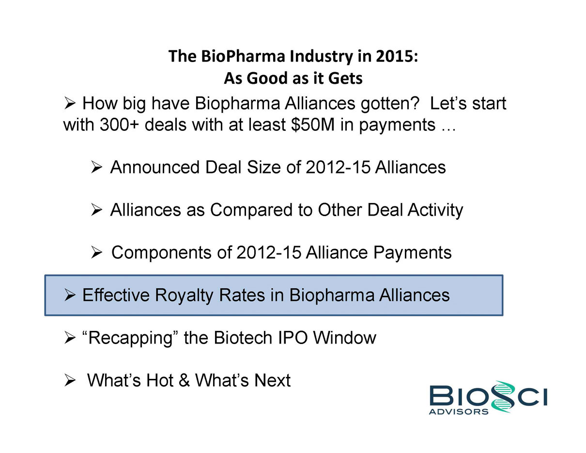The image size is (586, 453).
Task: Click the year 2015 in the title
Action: click(397, 56)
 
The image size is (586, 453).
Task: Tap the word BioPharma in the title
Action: click(243, 57)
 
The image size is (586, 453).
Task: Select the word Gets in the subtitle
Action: click(345, 78)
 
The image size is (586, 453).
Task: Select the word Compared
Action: click(251, 210)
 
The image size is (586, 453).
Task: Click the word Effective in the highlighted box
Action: click(116, 295)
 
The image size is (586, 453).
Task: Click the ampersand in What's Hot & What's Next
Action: click(184, 380)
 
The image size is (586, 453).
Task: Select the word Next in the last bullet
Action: click(273, 380)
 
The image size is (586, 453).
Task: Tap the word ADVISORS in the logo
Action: click(459, 412)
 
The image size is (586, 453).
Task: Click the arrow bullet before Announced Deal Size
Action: click(96, 167)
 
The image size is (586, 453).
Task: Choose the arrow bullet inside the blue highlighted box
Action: click(70, 295)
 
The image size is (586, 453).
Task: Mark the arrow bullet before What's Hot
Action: click(70, 380)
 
